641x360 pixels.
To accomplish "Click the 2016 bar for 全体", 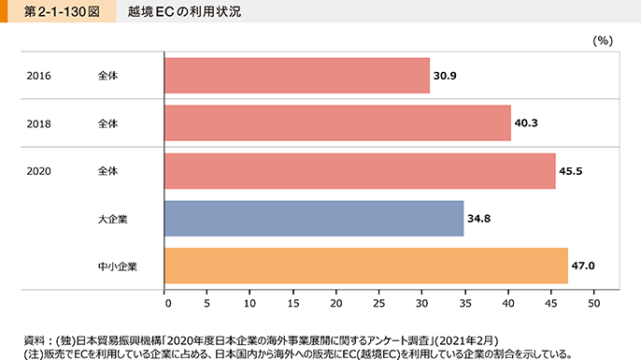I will [x=297, y=75].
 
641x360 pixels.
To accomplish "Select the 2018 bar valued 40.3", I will [x=337, y=122].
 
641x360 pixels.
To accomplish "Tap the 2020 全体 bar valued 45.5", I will [x=360, y=171].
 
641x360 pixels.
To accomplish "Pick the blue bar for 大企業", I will [x=314, y=219].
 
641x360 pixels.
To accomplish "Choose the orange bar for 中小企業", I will [x=366, y=266].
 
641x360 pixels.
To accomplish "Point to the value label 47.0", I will [x=584, y=266].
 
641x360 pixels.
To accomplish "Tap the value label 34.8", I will [x=479, y=219].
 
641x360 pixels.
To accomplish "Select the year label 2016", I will [x=39, y=75].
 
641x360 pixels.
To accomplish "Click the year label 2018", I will [x=39, y=123].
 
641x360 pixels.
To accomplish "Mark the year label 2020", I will [x=39, y=171].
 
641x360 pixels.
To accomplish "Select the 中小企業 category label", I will [x=117, y=266].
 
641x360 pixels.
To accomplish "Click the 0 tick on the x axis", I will [x=165, y=303].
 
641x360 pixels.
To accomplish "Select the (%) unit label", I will [x=602, y=40].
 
